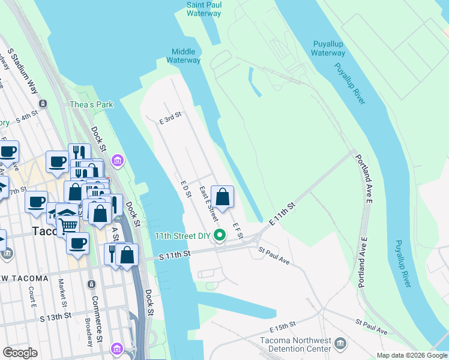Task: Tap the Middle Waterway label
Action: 185,56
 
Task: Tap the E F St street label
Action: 237,230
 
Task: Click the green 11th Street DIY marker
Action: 220,235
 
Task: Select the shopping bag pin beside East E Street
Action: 222,197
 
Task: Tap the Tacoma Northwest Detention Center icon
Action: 341,344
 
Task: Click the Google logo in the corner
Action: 20,352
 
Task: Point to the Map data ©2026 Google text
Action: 411,355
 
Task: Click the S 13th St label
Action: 55,316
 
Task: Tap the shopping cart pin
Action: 68,225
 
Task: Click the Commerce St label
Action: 94,307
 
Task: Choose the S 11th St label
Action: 175,255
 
